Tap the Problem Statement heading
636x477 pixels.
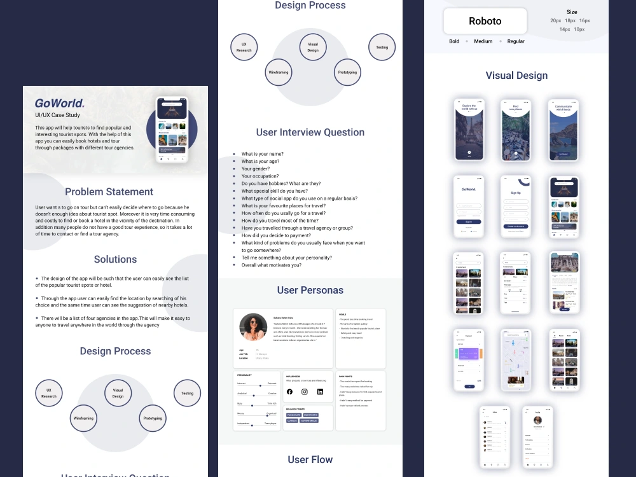click(x=109, y=191)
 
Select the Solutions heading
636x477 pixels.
click(x=115, y=259)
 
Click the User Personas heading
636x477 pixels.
click(x=310, y=290)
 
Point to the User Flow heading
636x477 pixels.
click(x=310, y=459)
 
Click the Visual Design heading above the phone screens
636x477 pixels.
click(x=516, y=75)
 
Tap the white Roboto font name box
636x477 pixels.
click(x=485, y=21)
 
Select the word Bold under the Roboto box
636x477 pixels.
click(x=454, y=41)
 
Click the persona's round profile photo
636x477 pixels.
click(x=253, y=327)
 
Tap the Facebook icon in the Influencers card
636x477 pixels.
click(x=290, y=392)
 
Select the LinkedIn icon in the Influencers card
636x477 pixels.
click(x=320, y=392)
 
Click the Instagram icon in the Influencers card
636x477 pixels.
click(x=305, y=392)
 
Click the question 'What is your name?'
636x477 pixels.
click(x=262, y=154)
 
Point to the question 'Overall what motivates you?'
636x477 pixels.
click(x=272, y=265)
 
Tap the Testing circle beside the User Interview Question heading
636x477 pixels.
click(x=382, y=47)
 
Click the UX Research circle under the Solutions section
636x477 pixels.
click(x=49, y=393)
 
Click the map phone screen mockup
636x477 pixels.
click(x=515, y=359)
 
